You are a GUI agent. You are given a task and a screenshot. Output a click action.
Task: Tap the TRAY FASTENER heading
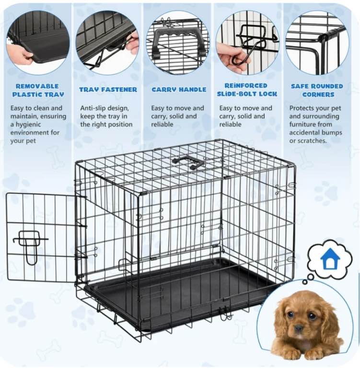coord(108,90)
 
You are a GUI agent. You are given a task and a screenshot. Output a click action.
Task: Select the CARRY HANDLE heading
coord(179,90)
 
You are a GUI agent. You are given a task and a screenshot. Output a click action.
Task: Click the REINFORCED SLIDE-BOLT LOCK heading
coord(247,90)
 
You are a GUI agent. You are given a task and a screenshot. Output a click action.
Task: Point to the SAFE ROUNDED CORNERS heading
coord(317,90)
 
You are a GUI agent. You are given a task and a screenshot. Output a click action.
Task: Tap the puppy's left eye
coord(312,316)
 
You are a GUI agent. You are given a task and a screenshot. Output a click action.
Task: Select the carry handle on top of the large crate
coord(189,162)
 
